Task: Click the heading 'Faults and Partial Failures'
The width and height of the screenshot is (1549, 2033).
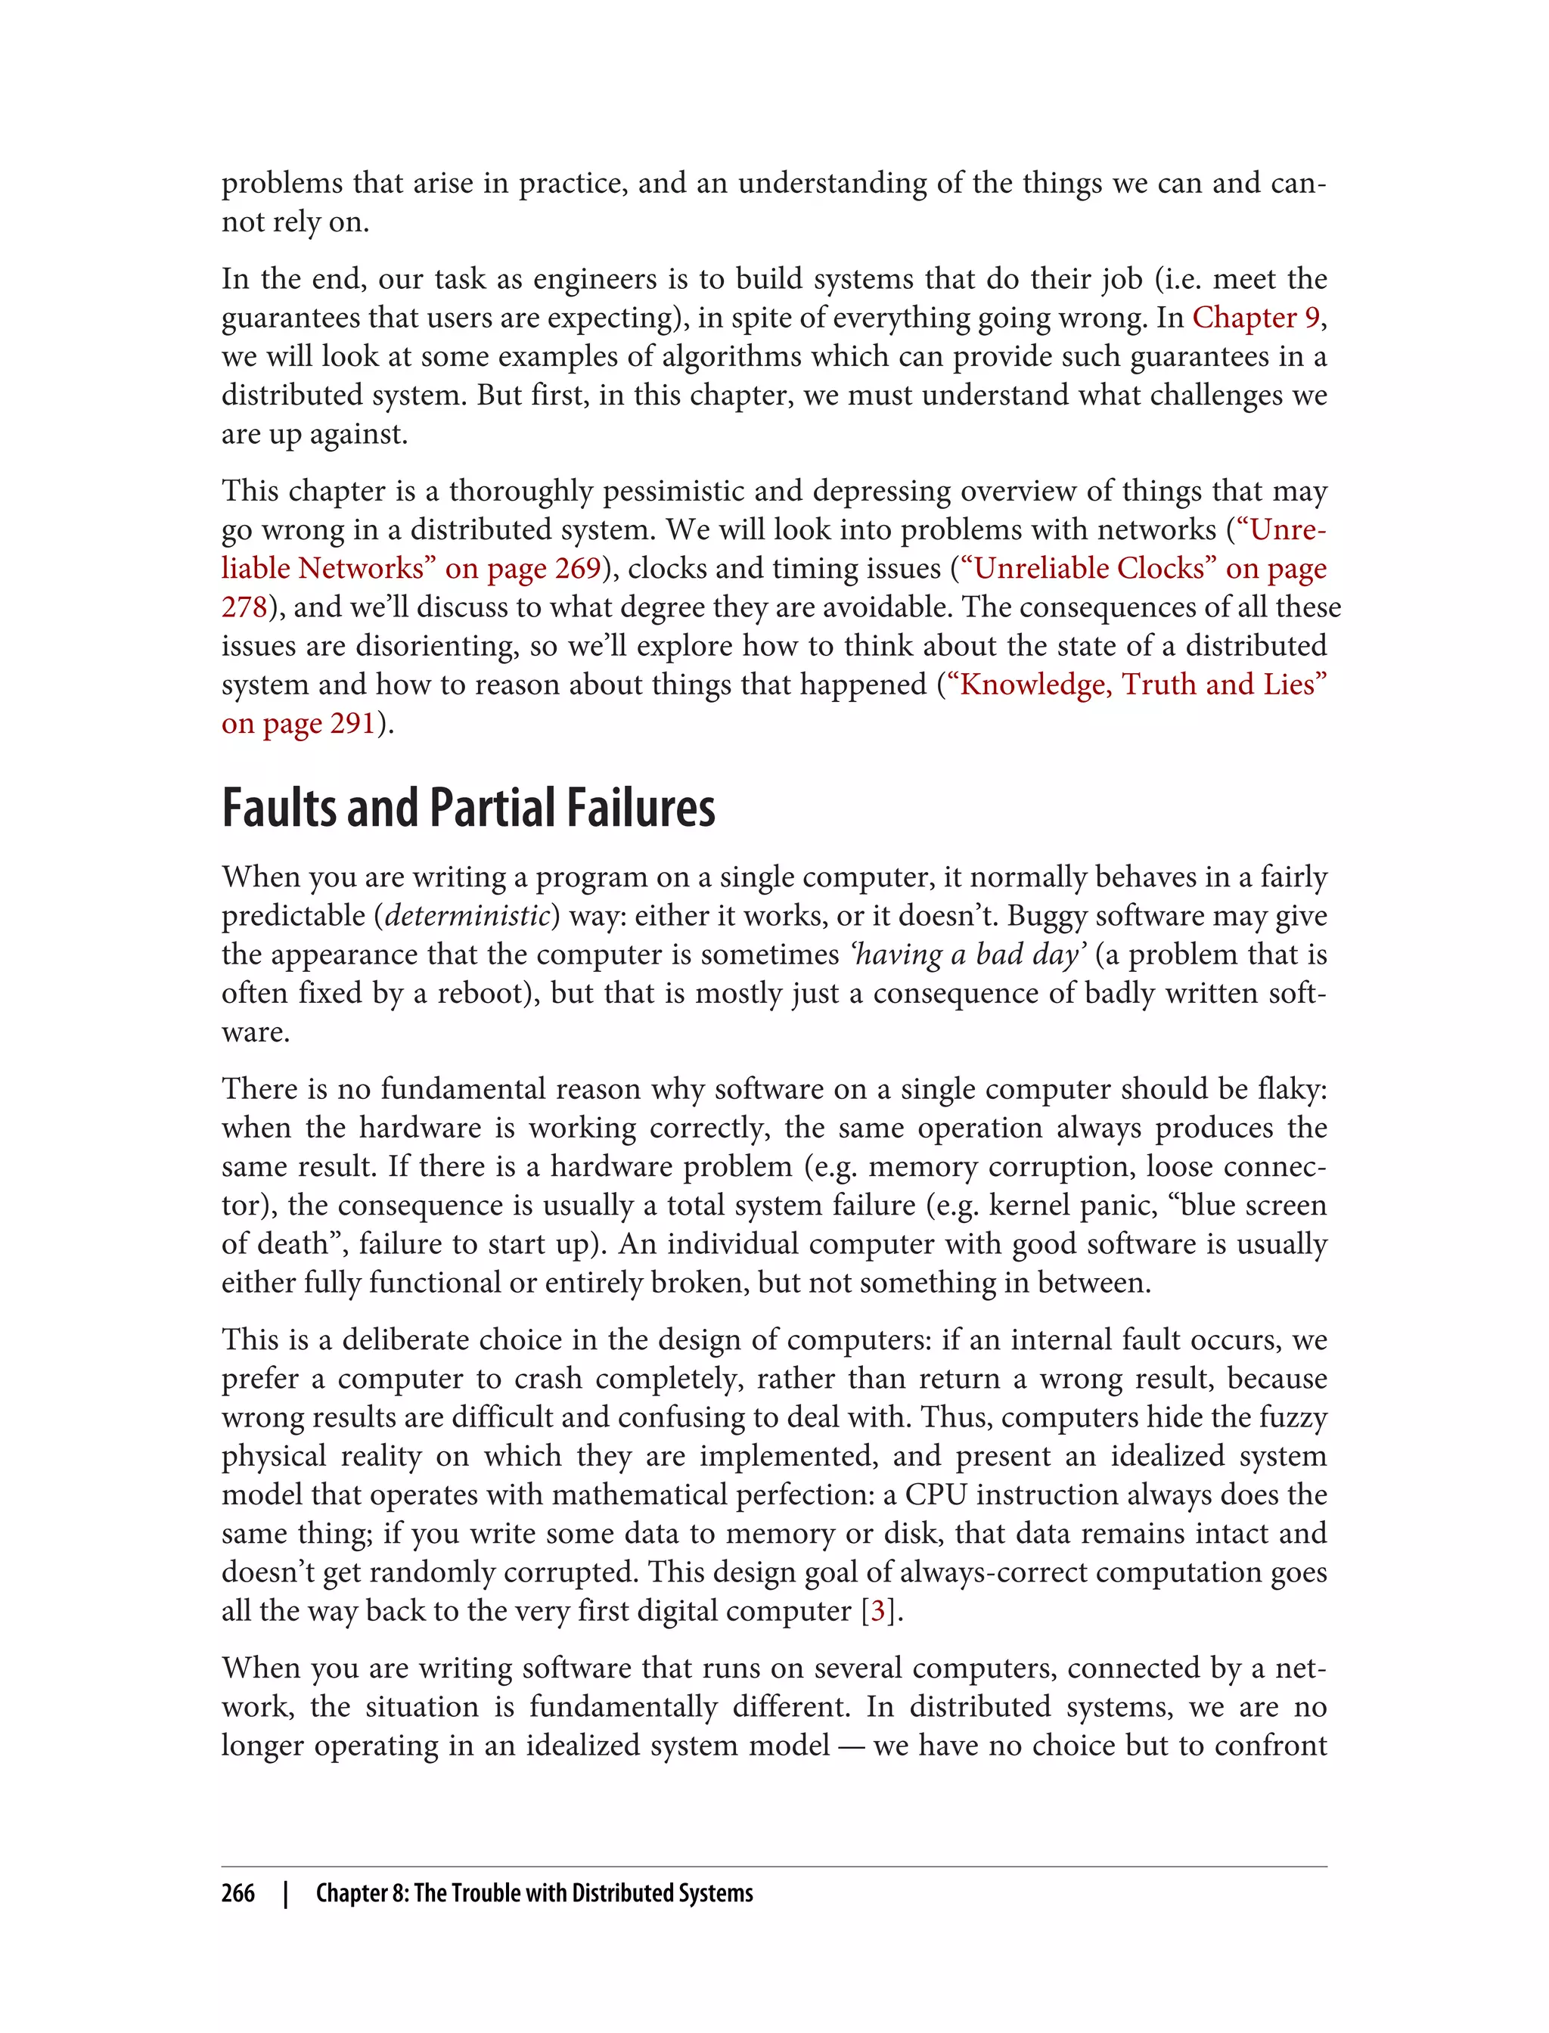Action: coord(468,808)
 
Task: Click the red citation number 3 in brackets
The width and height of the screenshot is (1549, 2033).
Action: coord(879,1611)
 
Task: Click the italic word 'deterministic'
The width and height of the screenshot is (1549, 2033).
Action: coord(467,916)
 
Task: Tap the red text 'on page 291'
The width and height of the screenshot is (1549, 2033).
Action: coord(298,724)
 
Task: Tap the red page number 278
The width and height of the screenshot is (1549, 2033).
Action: coord(244,607)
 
